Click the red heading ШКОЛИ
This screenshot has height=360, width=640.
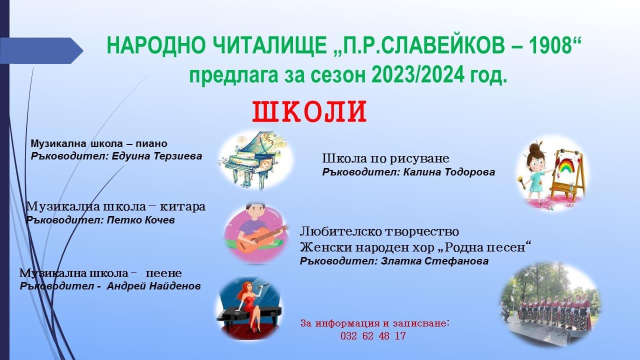[309, 111]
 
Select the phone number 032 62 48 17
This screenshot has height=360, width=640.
[373, 336]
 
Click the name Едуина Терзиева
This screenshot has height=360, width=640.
[157, 156]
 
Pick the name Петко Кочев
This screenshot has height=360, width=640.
[141, 220]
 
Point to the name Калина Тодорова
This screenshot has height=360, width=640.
[449, 172]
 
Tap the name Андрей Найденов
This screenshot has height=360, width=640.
[153, 286]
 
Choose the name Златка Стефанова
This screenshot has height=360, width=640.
[435, 261]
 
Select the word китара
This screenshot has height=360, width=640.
[182, 207]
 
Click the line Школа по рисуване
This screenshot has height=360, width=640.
[385, 158]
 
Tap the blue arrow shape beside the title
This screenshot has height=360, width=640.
[41, 51]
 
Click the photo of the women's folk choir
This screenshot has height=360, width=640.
[551, 304]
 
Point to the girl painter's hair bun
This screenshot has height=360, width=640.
[533, 148]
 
